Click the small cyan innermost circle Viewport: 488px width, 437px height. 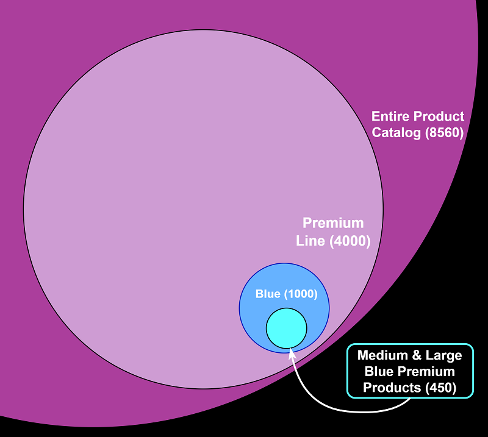(286, 328)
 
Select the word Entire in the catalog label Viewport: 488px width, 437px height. (390, 116)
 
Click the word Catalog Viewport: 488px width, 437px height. (397, 132)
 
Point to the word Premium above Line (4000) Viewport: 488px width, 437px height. (333, 223)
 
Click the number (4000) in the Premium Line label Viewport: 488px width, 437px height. (350, 241)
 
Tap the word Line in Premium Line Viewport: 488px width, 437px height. (311, 241)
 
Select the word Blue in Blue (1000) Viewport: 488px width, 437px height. (267, 294)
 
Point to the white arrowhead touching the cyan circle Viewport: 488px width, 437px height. (292, 353)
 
